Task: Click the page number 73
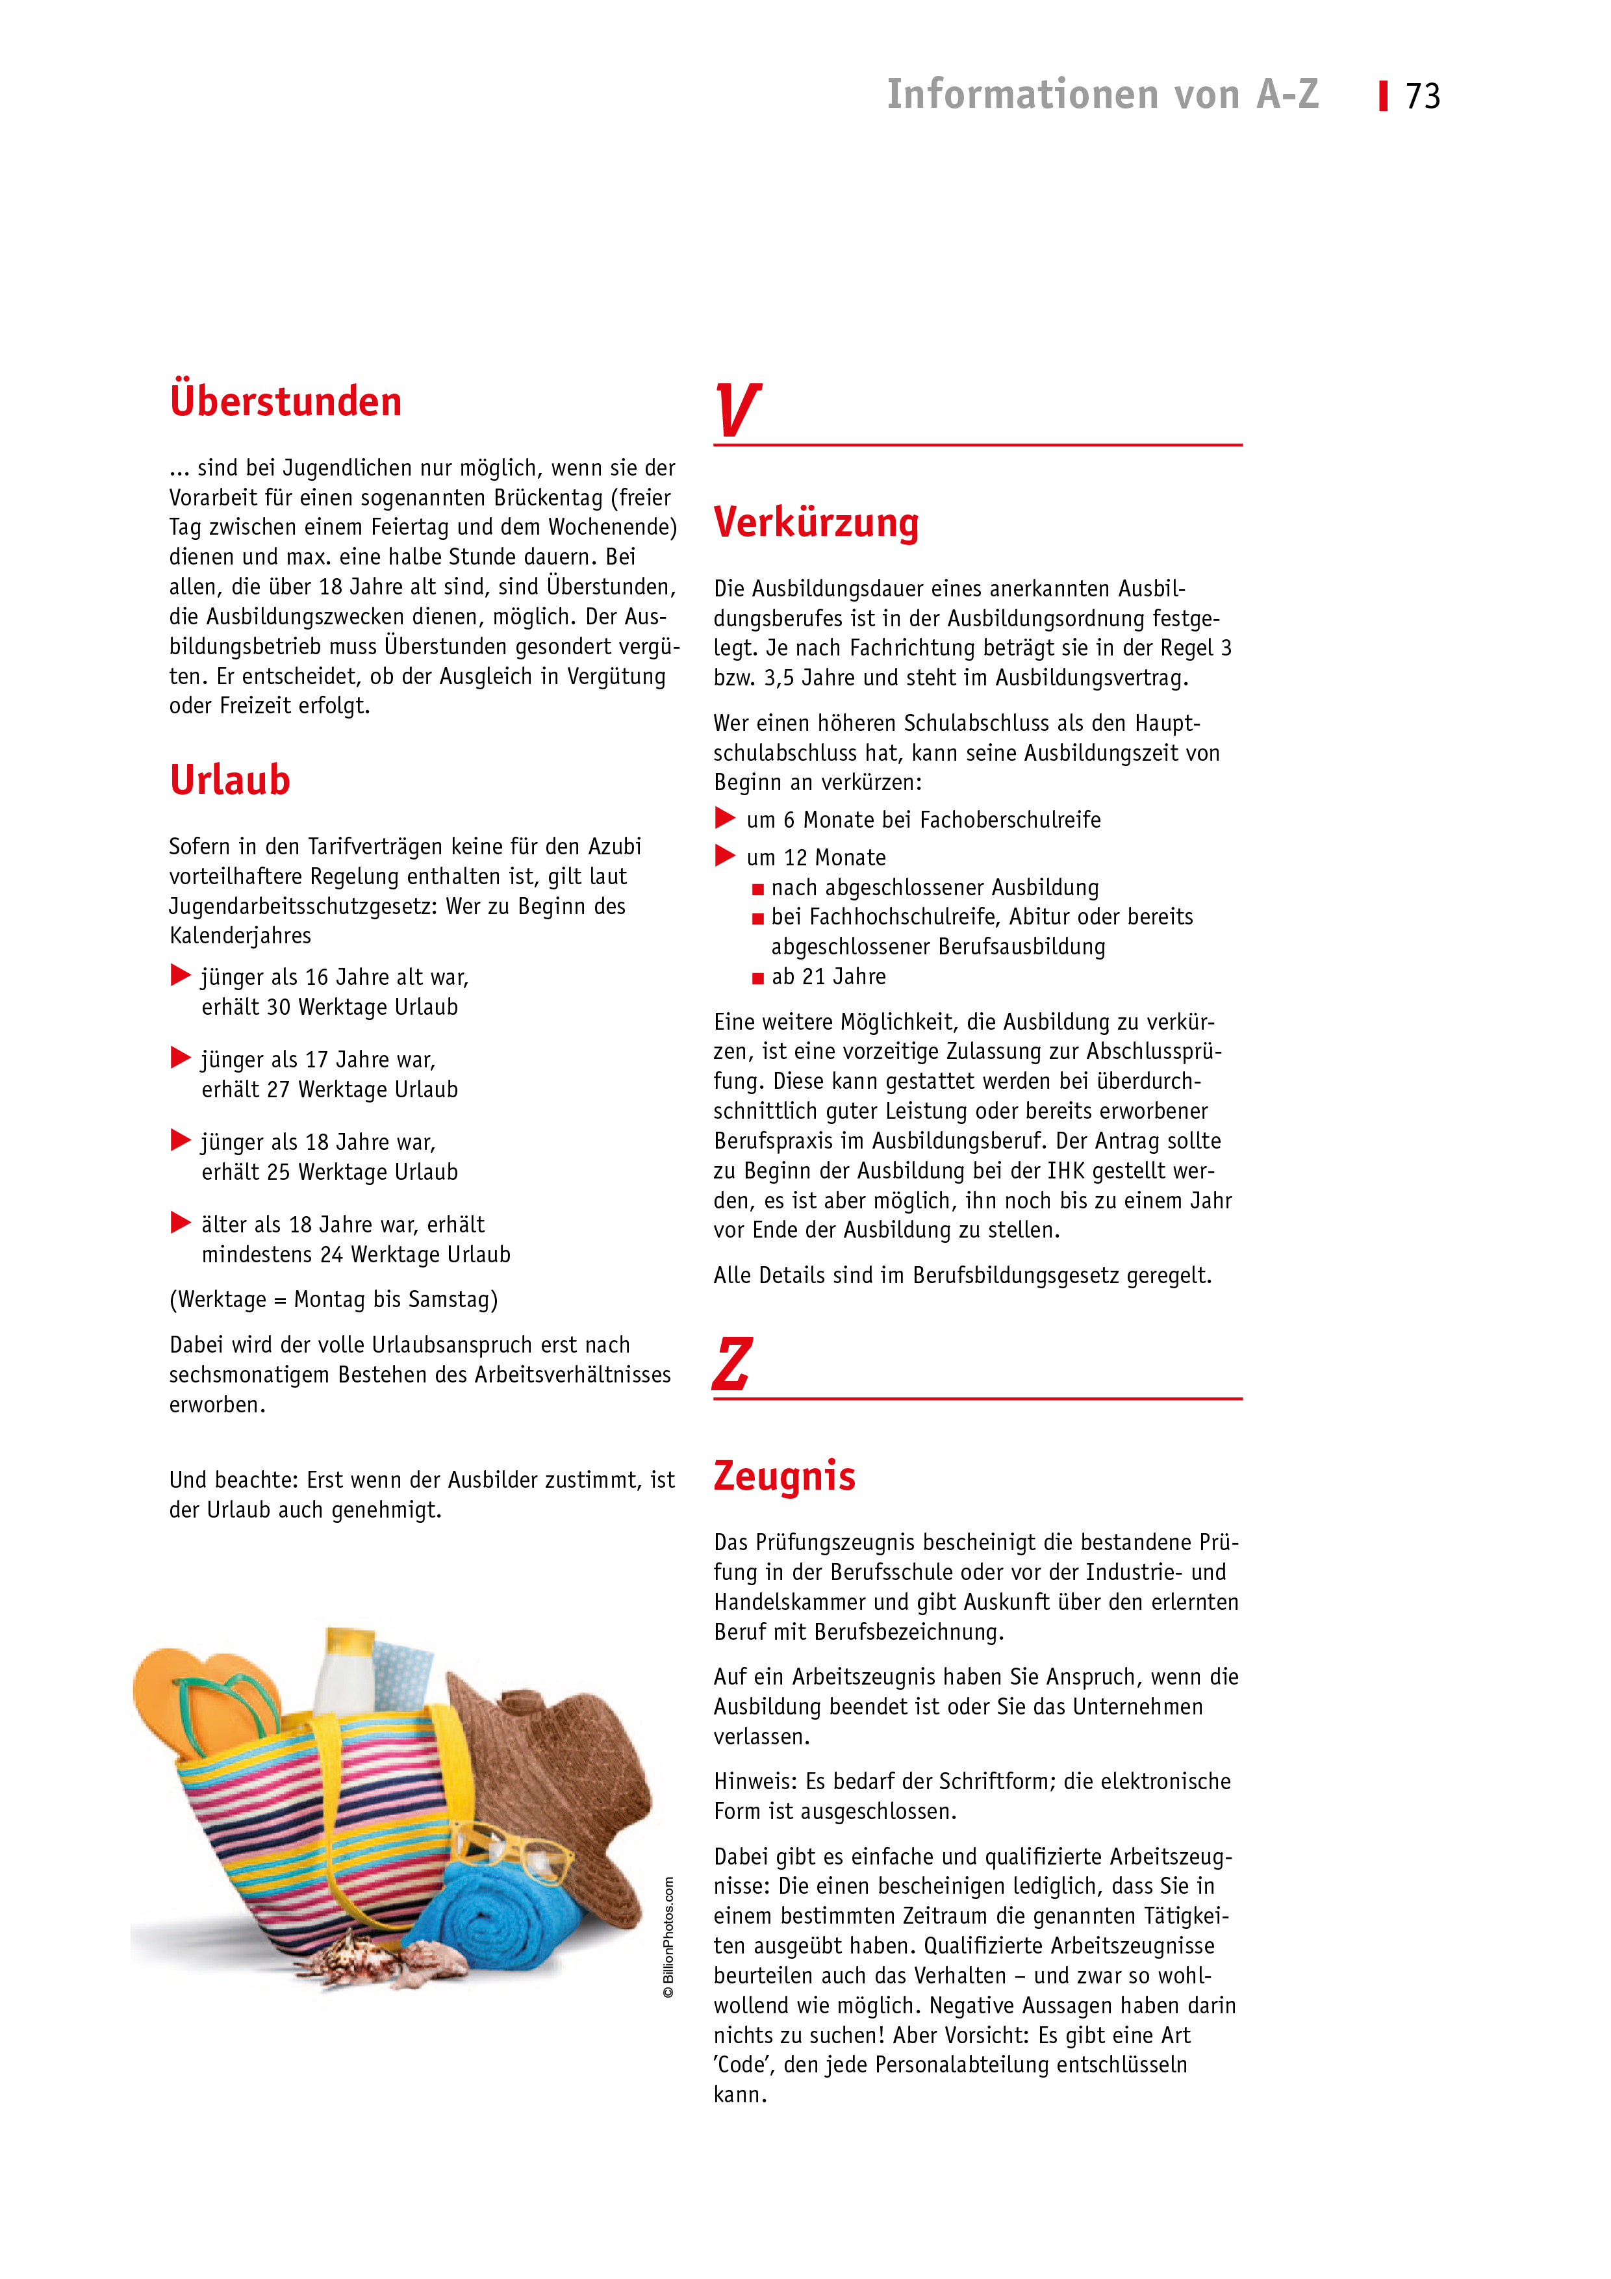pos(1423,96)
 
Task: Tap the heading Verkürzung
pos(816,523)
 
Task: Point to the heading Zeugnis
pos(784,1476)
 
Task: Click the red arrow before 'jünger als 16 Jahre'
pos(181,976)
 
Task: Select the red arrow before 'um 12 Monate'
pos(726,856)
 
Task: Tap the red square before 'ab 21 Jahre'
pos(758,978)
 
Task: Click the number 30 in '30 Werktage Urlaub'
pos(278,1008)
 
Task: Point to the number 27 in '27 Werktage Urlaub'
pos(278,1090)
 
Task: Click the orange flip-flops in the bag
pos(203,1700)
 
